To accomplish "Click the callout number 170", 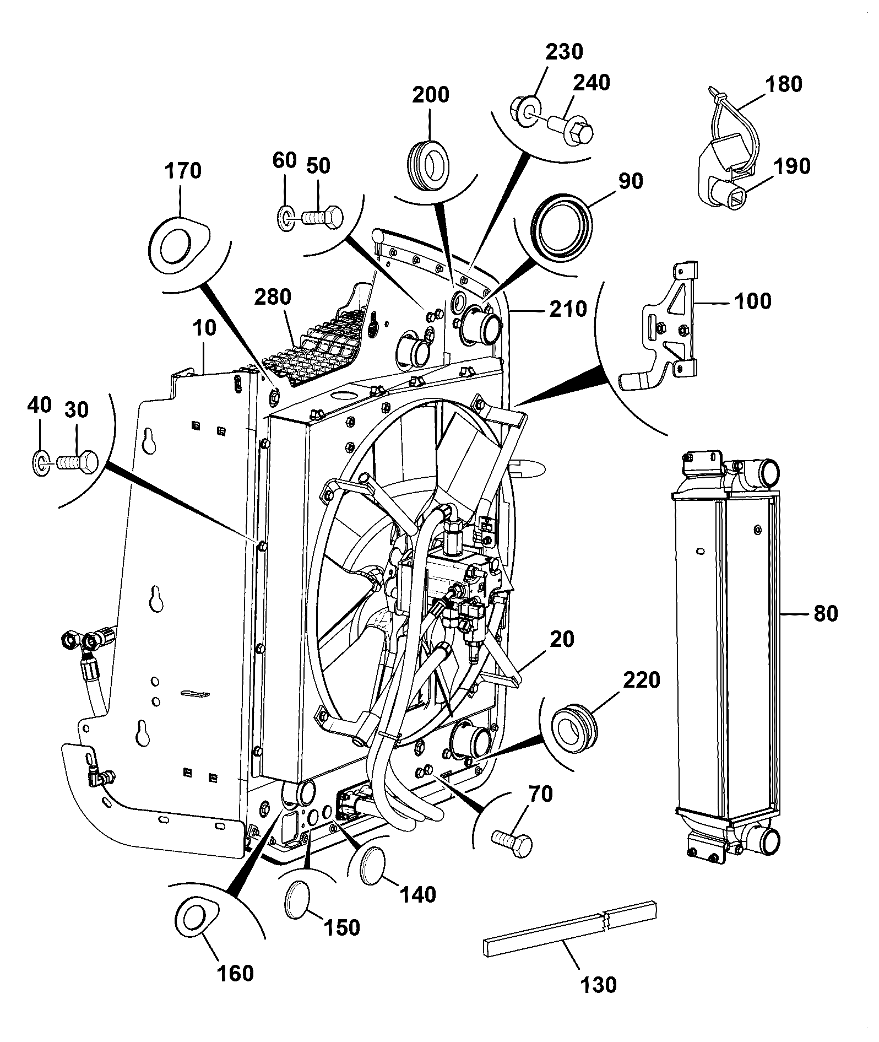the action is pos(183,171).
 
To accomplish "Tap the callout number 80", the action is pos(825,613).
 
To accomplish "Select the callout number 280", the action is pos(272,297).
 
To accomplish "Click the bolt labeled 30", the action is pos(77,460).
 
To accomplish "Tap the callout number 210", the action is pos(569,309).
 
